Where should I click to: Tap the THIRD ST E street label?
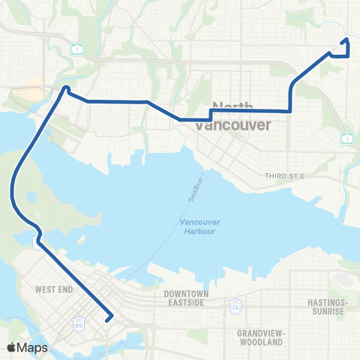[x=281, y=175]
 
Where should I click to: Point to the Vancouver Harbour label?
[x=198, y=226]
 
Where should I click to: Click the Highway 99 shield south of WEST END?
[x=79, y=324]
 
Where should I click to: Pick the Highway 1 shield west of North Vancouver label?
[x=77, y=49]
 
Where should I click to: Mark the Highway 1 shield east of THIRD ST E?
[x=346, y=137]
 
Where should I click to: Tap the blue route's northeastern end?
[x=346, y=40]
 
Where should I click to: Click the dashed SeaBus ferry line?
[x=169, y=232]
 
